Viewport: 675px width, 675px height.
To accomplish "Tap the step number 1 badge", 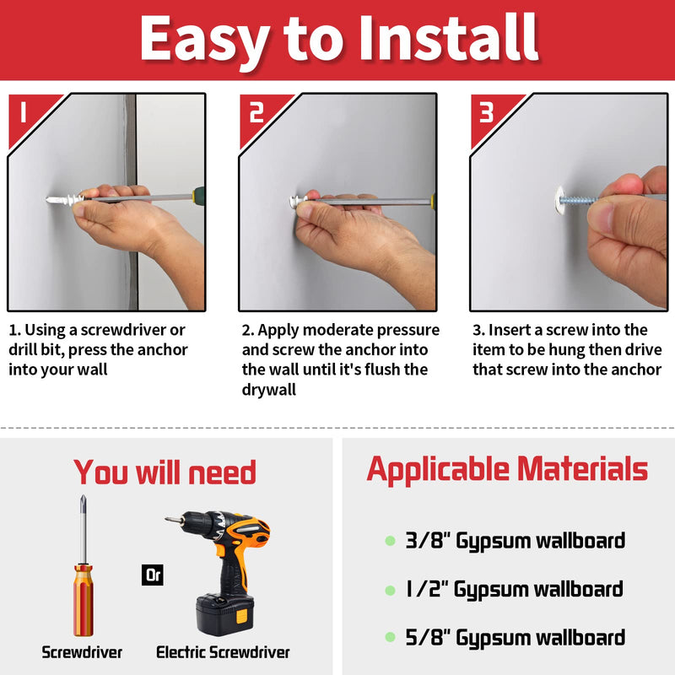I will (x=24, y=111).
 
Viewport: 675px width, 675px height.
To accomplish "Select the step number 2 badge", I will (x=256, y=112).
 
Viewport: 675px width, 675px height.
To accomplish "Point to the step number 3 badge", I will (x=486, y=112).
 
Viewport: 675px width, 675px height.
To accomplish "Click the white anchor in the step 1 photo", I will (x=63, y=201).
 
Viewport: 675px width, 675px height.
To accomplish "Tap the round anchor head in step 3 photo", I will (x=564, y=200).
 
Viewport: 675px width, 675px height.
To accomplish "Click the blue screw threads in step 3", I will (x=581, y=201).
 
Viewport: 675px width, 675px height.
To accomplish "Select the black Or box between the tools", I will (x=153, y=575).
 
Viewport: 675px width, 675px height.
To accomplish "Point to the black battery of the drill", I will (x=227, y=613).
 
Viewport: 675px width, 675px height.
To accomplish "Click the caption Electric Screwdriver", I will (x=223, y=652).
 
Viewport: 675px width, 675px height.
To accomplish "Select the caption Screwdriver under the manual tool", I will (x=82, y=652).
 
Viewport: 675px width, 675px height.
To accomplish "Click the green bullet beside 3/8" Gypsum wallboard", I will (x=389, y=540).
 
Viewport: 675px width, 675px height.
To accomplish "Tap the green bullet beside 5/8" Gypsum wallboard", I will (x=389, y=637).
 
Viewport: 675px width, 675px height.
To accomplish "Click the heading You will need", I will (x=165, y=472).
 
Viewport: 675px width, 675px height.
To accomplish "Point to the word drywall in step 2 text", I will (x=268, y=390).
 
